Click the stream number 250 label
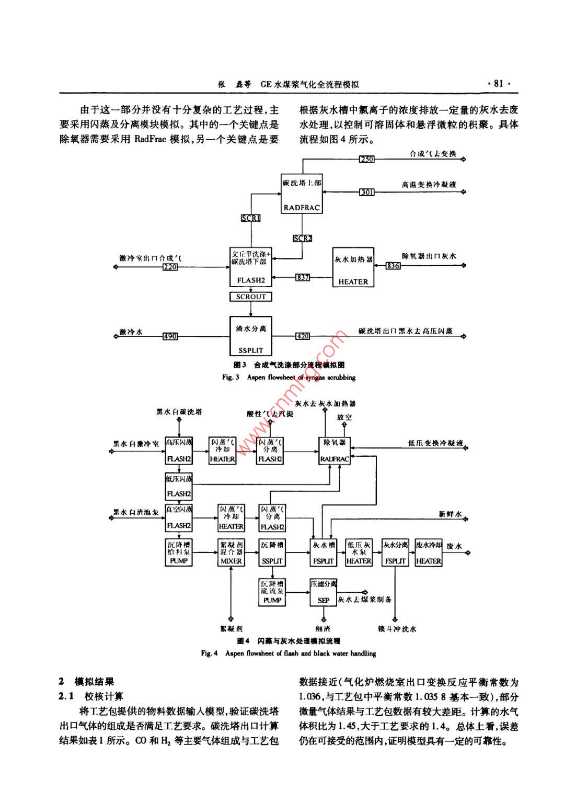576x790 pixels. pyautogui.click(x=367, y=159)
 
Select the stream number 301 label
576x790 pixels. pyautogui.click(x=367, y=192)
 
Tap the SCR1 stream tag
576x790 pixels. pyautogui.click(x=251, y=218)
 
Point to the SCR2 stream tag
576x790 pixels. pyautogui.click(x=302, y=238)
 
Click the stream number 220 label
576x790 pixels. pyautogui.click(x=170, y=267)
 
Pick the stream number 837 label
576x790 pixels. pyautogui.click(x=303, y=277)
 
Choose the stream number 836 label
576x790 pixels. pyautogui.click(x=393, y=266)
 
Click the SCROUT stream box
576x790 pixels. pyautogui.click(x=251, y=297)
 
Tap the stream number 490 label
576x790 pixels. pyautogui.click(x=170, y=336)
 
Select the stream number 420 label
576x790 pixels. pyautogui.click(x=303, y=336)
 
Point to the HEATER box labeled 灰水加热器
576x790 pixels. pyautogui.click(x=353, y=267)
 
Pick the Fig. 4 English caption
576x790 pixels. pyautogui.click(x=289, y=653)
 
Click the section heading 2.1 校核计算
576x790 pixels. pyautogui.click(x=91, y=696)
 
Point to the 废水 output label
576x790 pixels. pyautogui.click(x=454, y=547)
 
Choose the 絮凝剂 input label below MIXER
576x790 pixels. pyautogui.click(x=231, y=628)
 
